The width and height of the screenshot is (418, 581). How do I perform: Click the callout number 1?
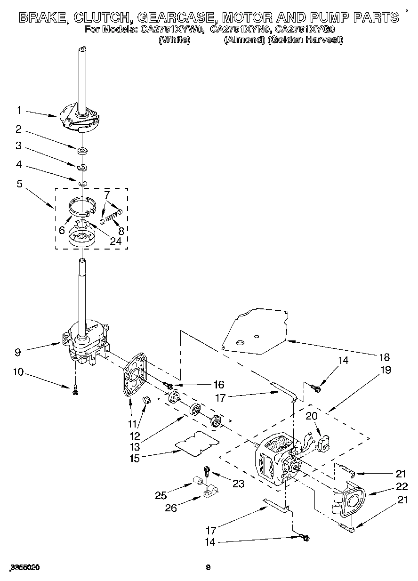(x=19, y=110)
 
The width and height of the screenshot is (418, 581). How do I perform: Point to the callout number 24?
(x=115, y=241)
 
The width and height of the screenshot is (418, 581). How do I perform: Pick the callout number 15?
(x=135, y=458)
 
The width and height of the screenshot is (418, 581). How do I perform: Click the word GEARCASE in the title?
(x=173, y=18)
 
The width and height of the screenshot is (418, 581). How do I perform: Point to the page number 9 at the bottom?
(x=208, y=568)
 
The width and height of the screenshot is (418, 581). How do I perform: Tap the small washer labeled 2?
(x=82, y=151)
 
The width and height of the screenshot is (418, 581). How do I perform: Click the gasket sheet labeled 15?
(x=197, y=443)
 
